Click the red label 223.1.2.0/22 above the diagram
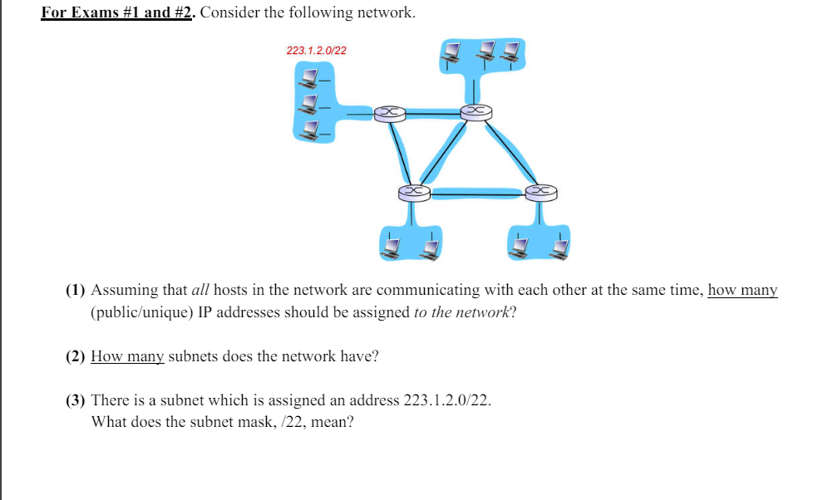[x=316, y=51]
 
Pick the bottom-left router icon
[x=413, y=193]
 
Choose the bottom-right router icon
[x=540, y=193]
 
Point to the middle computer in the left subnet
[x=310, y=104]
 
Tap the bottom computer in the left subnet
[x=310, y=129]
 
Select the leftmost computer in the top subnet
[x=451, y=51]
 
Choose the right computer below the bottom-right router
[x=559, y=246]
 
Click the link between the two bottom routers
[x=477, y=194]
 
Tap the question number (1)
[x=76, y=290]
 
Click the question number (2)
[x=76, y=356]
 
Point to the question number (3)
[x=76, y=400]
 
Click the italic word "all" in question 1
[x=201, y=290]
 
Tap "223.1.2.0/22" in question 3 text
[x=446, y=400]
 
